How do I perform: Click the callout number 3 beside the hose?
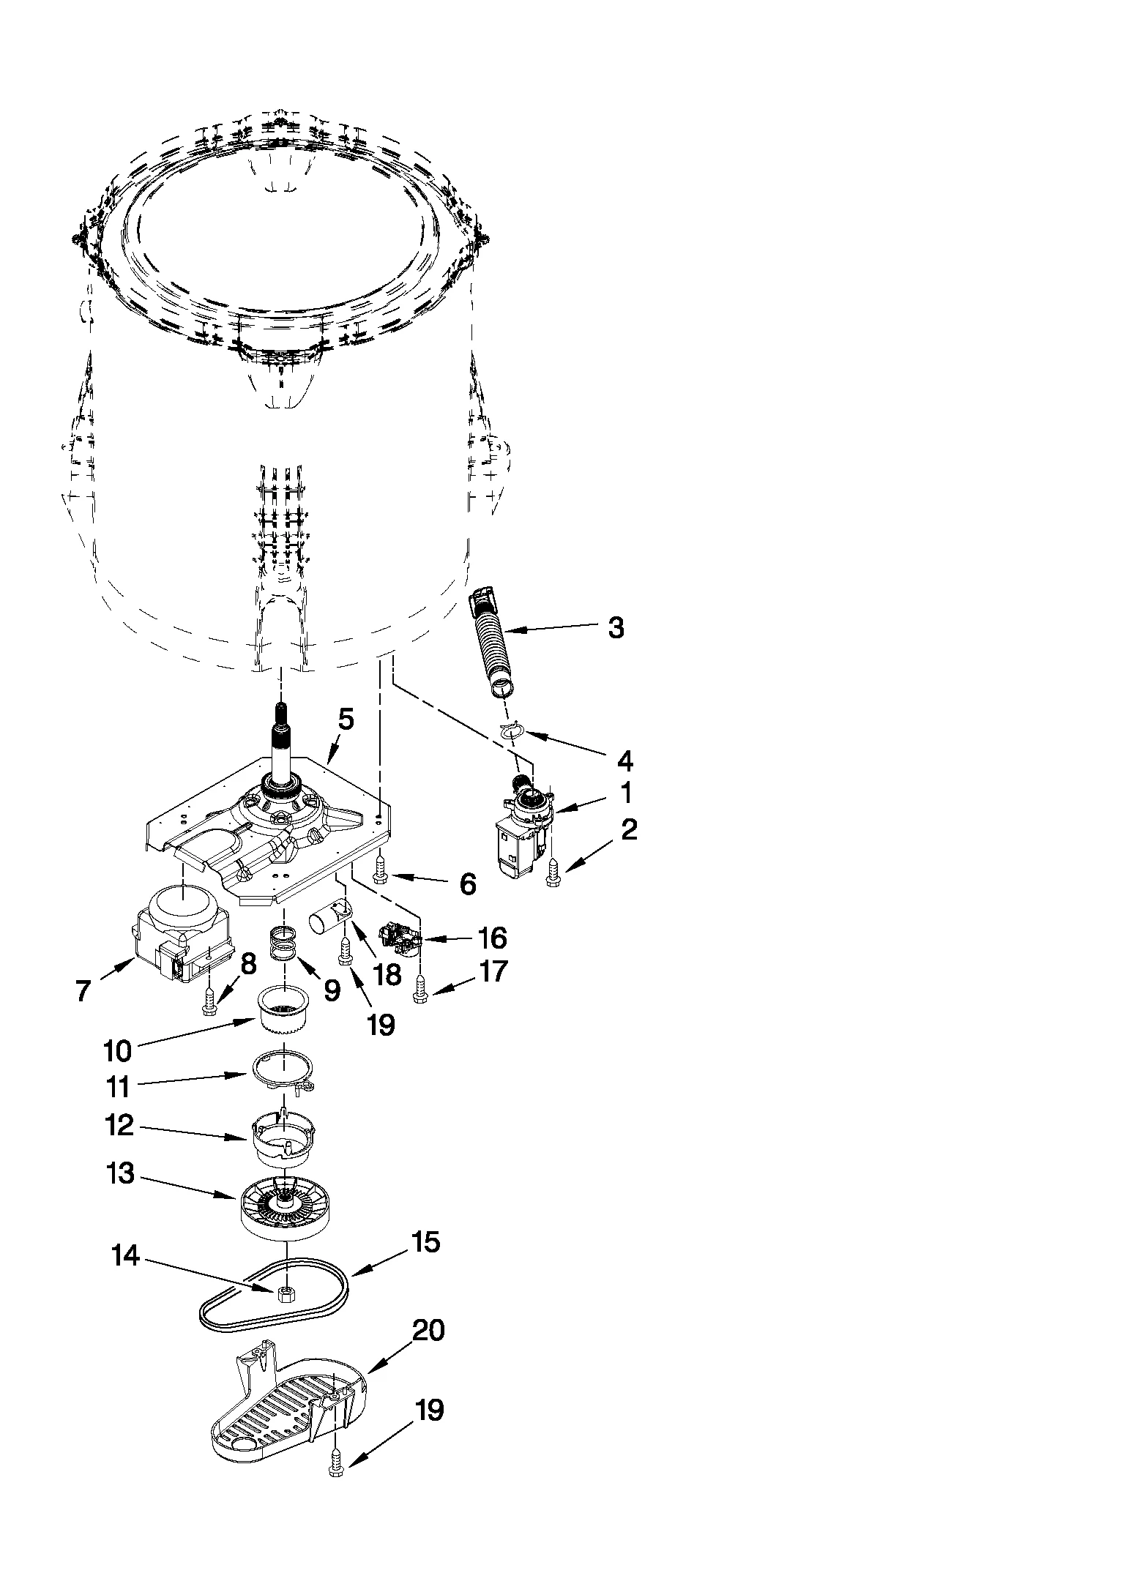(x=616, y=627)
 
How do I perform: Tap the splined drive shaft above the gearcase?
(x=283, y=747)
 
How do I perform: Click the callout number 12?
(x=119, y=1126)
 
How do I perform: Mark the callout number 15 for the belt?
(x=425, y=1242)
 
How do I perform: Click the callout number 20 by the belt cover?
(x=428, y=1329)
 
